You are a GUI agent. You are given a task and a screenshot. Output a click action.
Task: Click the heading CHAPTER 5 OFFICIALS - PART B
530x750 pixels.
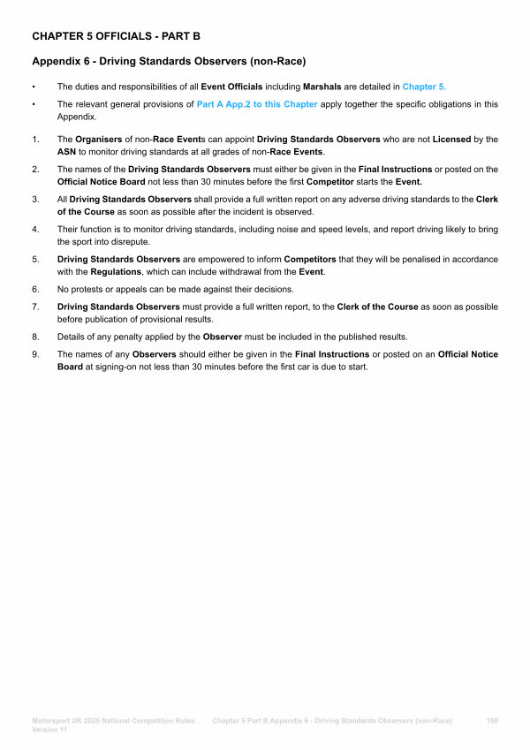(x=116, y=36)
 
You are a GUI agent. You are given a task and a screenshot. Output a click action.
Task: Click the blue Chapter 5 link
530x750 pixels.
(x=423, y=87)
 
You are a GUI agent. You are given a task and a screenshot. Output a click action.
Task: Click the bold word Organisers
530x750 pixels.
(x=99, y=140)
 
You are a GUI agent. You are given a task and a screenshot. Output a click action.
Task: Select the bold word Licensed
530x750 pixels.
(x=451, y=140)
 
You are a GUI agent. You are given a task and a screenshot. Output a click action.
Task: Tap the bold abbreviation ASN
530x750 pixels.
(x=68, y=151)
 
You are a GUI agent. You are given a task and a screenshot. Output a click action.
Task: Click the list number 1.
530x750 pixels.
(x=35, y=140)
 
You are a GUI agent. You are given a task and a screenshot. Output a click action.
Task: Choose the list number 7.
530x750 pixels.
(x=35, y=307)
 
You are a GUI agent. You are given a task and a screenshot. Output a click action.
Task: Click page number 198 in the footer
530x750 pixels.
(x=491, y=721)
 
